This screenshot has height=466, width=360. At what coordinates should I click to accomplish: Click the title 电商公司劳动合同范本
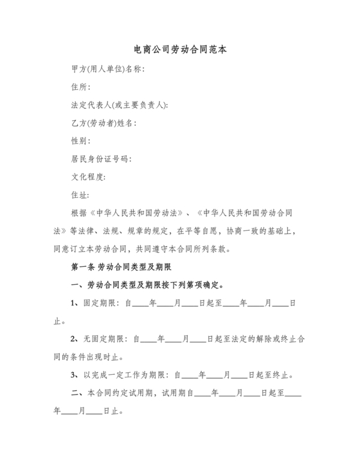coord(180,49)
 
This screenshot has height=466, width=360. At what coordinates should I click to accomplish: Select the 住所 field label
coord(80,87)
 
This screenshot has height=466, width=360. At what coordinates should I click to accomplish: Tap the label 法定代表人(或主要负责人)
coord(120,105)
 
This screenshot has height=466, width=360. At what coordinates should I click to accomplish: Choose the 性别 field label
coord(80,141)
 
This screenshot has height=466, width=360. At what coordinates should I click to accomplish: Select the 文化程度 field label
coord(88,177)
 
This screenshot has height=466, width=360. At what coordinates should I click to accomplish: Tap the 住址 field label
coord(80,195)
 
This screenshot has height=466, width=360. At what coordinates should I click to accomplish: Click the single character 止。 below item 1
coord(60,321)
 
